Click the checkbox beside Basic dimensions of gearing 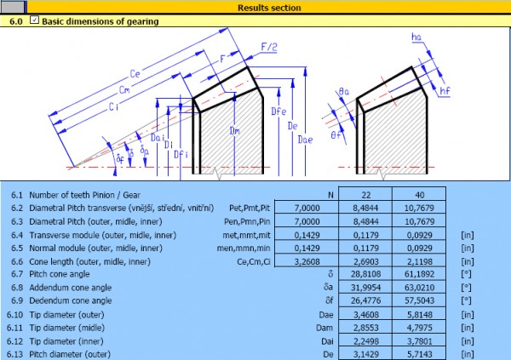pyautogui.click(x=34, y=21)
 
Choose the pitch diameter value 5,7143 pyautogui.click(x=410, y=353)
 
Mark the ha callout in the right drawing pyautogui.click(x=415, y=37)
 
